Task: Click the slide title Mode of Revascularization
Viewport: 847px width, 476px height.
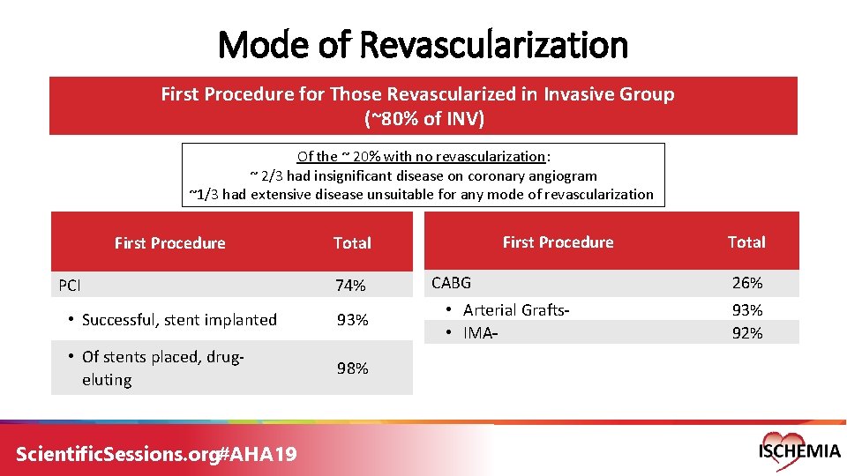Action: pyautogui.click(x=422, y=44)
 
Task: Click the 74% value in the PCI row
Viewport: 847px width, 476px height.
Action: pyautogui.click(x=351, y=286)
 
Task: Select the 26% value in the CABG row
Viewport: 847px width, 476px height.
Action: pyautogui.click(x=746, y=283)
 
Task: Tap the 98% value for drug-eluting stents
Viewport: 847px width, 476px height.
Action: pyautogui.click(x=351, y=368)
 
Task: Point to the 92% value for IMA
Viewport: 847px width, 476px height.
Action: pyautogui.click(x=746, y=333)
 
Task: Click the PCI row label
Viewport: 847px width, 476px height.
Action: pyautogui.click(x=70, y=286)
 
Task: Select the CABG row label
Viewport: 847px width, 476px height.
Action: pyautogui.click(x=451, y=283)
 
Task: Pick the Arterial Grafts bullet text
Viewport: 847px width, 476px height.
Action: pyautogui.click(x=516, y=309)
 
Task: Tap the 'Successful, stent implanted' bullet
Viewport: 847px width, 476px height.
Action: pyautogui.click(x=179, y=320)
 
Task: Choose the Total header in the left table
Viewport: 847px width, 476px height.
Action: pyautogui.click(x=351, y=243)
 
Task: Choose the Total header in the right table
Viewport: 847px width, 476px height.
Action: pyautogui.click(x=746, y=242)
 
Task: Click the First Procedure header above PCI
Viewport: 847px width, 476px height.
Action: pyautogui.click(x=169, y=243)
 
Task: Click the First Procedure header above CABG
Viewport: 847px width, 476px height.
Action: pyautogui.click(x=558, y=242)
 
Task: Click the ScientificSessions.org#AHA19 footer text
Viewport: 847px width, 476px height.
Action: pyautogui.click(x=156, y=454)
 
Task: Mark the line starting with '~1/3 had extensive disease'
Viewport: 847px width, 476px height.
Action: pyautogui.click(x=422, y=195)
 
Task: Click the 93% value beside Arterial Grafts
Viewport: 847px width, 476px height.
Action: pyautogui.click(x=746, y=310)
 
